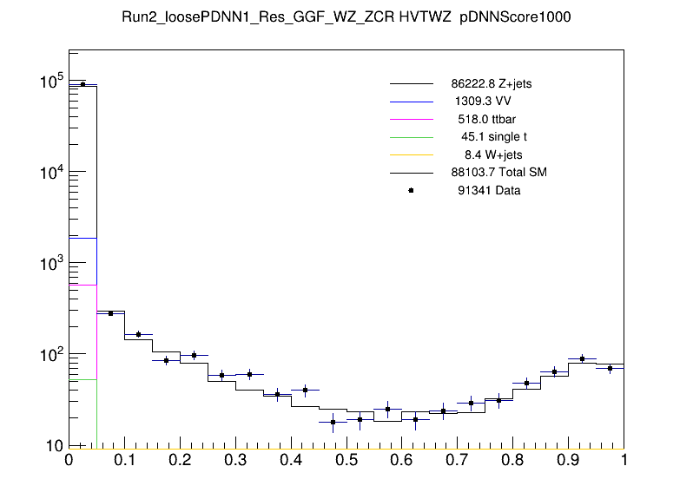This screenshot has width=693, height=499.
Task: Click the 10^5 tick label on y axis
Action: [50, 82]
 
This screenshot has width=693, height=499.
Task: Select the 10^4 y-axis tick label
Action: [50, 174]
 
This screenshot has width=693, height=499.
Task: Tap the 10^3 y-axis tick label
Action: [50, 264]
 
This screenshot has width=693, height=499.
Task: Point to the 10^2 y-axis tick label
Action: [50, 355]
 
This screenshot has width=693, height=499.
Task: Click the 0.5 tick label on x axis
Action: [346, 461]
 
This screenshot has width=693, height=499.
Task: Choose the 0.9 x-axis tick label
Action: [569, 461]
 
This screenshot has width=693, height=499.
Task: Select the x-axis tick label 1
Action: [624, 461]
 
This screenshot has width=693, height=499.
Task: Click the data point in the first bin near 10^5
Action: [82, 84]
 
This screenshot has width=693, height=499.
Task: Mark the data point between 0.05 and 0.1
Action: [110, 313]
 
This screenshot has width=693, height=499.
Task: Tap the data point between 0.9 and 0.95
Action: [583, 358]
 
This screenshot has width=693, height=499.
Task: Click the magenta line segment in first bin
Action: [82, 285]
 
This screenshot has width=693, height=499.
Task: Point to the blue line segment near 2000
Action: [82, 238]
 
